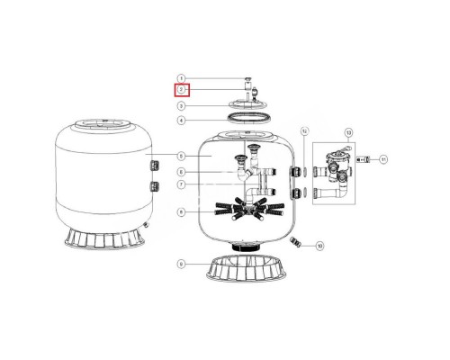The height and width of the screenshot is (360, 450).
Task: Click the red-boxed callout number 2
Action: pos(181,90)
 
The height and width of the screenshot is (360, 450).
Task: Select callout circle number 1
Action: pos(181,78)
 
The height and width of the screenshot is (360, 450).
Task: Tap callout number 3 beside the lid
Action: pos(181,105)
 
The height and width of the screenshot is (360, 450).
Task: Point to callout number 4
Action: pos(181,120)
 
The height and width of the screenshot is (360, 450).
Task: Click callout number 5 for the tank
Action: pos(181,156)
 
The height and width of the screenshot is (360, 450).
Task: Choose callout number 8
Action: pos(181,212)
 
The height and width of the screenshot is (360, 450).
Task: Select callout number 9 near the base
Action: pos(181,264)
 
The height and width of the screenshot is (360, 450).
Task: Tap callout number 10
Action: pos(319,245)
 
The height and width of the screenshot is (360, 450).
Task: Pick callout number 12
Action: pos(305,132)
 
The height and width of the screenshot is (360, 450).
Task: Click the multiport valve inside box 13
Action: pos(335,166)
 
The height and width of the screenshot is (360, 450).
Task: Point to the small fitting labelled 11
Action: pos(363,159)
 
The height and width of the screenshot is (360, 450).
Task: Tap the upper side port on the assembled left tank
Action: pos(154,165)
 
